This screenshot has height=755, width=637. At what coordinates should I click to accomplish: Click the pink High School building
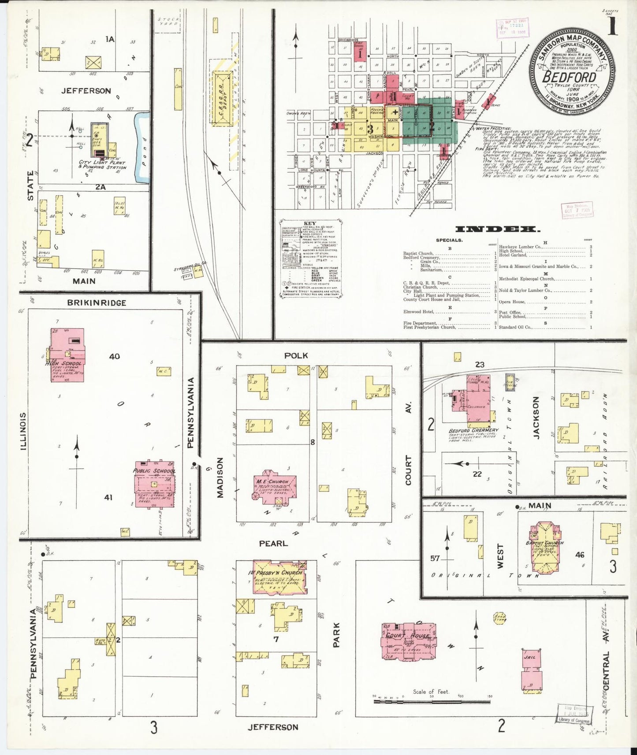67,355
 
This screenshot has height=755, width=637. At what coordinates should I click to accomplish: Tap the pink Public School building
154,485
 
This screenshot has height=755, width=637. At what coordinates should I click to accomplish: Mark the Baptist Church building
544,548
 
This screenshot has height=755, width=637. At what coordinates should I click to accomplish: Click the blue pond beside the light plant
142,148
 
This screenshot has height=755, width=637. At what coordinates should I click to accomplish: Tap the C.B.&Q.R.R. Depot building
223,98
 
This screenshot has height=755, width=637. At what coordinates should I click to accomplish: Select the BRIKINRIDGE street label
97,303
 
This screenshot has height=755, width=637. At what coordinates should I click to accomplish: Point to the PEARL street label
273,544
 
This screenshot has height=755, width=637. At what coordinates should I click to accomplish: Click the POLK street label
296,355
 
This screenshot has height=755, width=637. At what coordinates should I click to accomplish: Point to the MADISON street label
220,477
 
